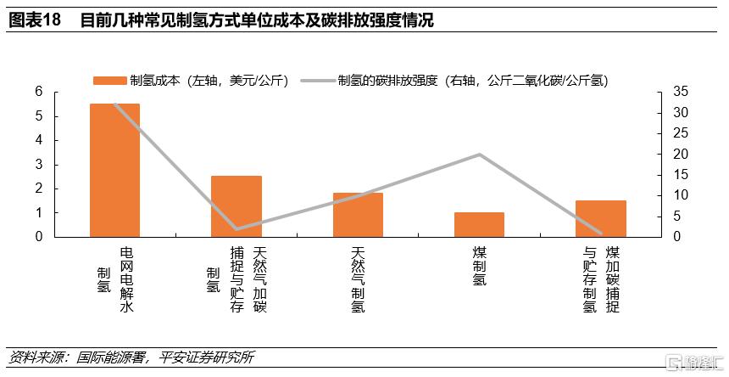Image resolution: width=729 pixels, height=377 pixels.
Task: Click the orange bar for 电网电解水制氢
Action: point(114,170)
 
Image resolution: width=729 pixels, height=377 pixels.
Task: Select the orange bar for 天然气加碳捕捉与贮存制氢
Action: point(237,206)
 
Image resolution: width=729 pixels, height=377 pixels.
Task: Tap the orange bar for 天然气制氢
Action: point(358,215)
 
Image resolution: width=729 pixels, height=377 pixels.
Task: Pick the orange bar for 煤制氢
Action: point(479,225)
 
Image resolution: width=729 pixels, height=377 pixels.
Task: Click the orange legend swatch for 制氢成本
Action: point(109,81)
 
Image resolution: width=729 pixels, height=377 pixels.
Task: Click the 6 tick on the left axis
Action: point(39,92)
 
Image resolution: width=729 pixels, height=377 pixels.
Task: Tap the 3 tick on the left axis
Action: point(39,164)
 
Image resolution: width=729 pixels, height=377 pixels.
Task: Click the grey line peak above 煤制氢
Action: point(480,155)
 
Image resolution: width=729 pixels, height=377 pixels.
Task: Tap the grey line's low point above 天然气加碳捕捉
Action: point(237,228)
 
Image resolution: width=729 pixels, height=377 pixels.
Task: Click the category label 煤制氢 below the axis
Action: point(480,267)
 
